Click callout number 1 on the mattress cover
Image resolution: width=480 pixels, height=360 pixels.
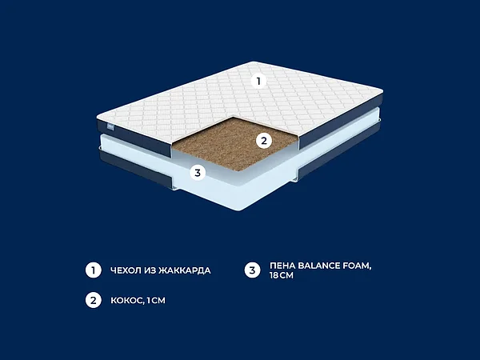258,81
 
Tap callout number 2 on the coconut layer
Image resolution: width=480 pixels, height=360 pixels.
264,141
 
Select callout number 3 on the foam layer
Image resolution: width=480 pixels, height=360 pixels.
198,173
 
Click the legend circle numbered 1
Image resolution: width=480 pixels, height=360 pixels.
94,270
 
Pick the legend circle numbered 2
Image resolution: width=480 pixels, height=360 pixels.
94,300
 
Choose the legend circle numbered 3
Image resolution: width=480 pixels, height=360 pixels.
252,270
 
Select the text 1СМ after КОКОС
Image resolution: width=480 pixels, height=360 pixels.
156,300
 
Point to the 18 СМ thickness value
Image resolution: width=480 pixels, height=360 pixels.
282,275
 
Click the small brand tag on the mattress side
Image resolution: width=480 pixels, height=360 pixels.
110,126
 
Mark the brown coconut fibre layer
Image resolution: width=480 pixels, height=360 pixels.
235,143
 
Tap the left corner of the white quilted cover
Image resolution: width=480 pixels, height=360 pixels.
98,118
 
